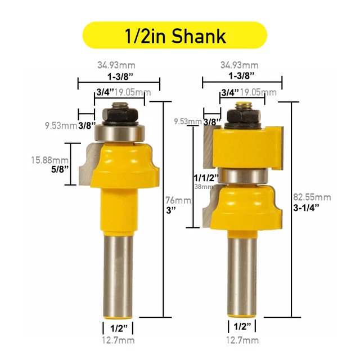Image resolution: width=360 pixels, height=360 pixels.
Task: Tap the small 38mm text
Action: coord(201,186)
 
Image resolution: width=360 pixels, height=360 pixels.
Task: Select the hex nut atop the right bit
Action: coord(242,116)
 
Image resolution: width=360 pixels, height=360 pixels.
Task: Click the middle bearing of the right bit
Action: coord(242,175)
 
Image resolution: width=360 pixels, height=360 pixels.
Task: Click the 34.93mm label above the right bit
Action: coord(242,65)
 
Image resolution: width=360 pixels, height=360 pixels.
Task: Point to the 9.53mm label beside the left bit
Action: coord(61,125)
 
